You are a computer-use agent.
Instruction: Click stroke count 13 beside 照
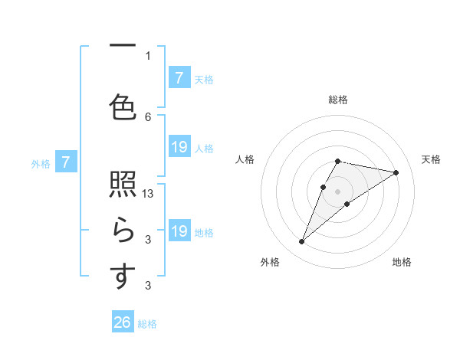point(149,194)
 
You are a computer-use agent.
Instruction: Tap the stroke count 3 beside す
point(148,286)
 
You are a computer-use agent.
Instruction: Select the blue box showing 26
point(123,322)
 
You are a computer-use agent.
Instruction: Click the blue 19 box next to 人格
point(179,147)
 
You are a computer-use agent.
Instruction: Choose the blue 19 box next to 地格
point(179,231)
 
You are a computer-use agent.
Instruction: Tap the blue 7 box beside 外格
point(67,162)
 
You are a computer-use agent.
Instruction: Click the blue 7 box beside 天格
point(179,77)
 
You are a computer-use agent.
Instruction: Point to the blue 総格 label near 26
point(147,324)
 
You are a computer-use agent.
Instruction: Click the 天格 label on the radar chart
point(431,159)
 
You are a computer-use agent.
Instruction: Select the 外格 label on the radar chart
point(270,262)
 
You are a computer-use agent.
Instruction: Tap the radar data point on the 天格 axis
point(396,173)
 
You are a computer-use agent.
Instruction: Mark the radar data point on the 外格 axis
point(301,242)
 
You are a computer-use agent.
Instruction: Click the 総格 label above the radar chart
point(337,100)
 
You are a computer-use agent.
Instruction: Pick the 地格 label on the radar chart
point(402,262)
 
